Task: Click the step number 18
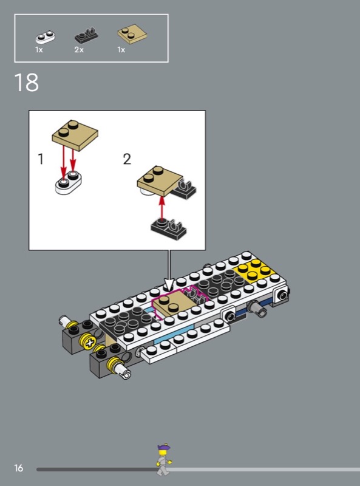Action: pos(26,83)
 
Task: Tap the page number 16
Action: pos(19,468)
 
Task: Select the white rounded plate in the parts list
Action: pos(46,37)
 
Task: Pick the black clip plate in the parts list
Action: pos(86,35)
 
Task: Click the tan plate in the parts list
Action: pos(132,34)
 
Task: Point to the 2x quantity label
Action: pos(79,50)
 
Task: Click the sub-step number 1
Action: pos(41,159)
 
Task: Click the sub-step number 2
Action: pos(127,159)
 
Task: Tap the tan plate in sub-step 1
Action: pos(75,135)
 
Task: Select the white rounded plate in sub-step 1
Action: pos(69,182)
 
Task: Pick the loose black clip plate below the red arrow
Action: pos(169,229)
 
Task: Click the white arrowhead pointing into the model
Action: pos(169,284)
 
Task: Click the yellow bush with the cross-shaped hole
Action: pos(89,341)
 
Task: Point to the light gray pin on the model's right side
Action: pos(257,308)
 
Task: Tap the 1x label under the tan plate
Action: pos(121,50)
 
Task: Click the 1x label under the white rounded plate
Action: pos(39,50)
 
